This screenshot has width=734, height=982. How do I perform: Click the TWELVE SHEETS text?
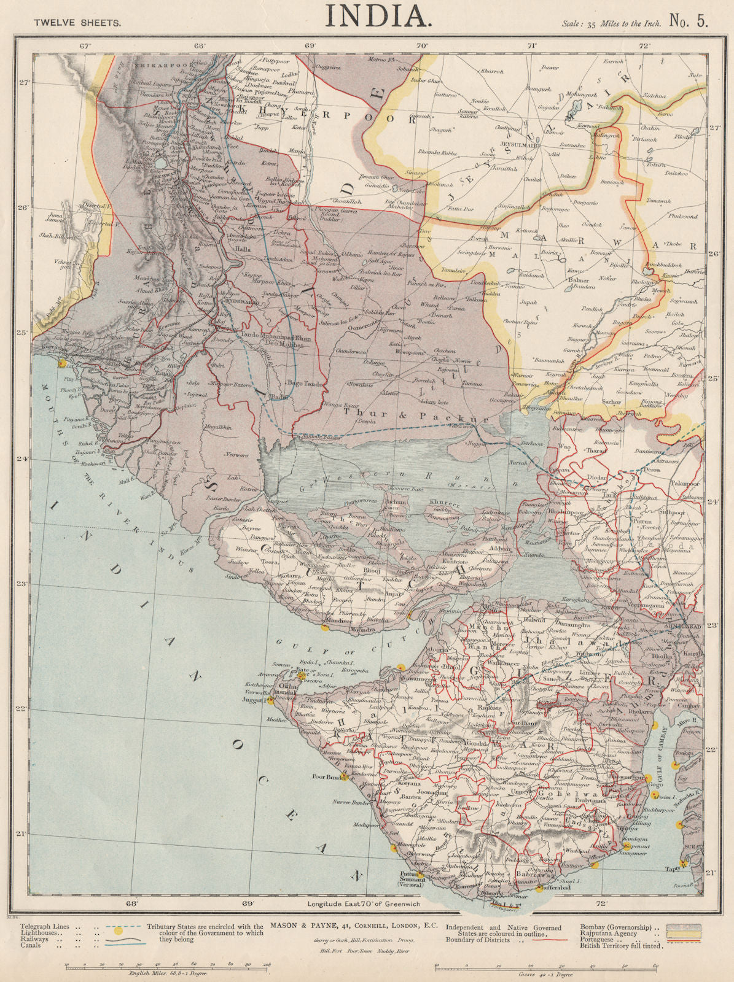point(77,22)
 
